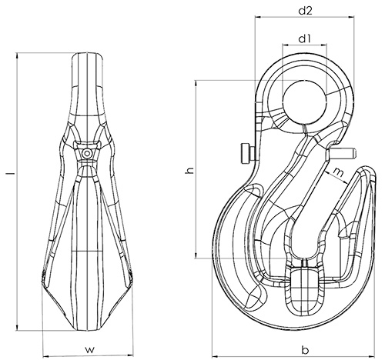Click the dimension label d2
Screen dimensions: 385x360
click(306, 11)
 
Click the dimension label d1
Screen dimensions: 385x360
click(304, 38)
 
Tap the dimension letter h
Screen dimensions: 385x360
click(189, 170)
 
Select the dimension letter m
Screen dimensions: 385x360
click(339, 172)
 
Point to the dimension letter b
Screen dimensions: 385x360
click(305, 350)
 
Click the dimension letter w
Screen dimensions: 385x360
click(90, 349)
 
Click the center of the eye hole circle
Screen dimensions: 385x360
click(304, 102)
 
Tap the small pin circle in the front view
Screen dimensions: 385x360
click(87, 154)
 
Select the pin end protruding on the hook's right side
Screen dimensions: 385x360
click(341, 154)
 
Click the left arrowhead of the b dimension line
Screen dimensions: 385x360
click(215, 356)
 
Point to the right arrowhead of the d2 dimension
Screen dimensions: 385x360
click(351, 18)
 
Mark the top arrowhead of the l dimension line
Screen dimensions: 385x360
click(17, 55)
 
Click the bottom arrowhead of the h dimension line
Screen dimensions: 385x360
click(196, 255)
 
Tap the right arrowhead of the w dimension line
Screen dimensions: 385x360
click(130, 356)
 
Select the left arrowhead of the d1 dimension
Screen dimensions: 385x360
click(286, 45)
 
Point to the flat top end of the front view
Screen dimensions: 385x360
click(87, 53)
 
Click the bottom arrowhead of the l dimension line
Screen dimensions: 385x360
click(17, 328)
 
